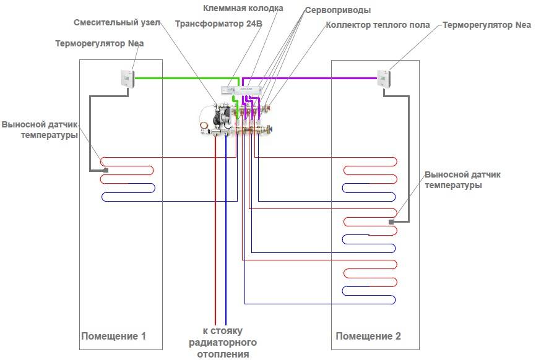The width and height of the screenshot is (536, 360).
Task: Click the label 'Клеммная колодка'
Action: click(x=243, y=8)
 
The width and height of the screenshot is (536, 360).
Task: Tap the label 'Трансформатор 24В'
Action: click(x=218, y=24)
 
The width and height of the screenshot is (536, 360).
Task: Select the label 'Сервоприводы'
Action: click(x=338, y=11)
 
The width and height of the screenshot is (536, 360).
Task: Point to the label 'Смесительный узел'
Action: click(x=117, y=22)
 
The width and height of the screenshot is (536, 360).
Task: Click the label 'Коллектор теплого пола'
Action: click(x=378, y=25)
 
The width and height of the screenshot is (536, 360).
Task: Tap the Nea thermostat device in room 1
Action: click(x=128, y=79)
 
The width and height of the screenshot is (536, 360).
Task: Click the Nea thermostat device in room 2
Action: click(x=384, y=79)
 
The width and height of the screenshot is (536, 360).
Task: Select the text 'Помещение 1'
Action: click(x=113, y=336)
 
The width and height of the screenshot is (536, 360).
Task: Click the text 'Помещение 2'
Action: click(x=368, y=336)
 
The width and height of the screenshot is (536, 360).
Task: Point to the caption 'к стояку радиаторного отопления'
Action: click(x=223, y=342)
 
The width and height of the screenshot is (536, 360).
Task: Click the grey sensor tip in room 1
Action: click(x=106, y=170)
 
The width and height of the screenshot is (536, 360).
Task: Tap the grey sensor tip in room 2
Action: click(x=391, y=222)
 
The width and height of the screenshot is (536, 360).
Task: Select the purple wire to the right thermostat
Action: click(x=309, y=78)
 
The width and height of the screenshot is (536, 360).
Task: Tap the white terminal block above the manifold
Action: click(x=241, y=90)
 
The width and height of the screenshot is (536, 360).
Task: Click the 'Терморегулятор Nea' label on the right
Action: click(x=486, y=25)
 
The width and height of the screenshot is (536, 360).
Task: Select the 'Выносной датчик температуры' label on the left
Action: click(x=40, y=129)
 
